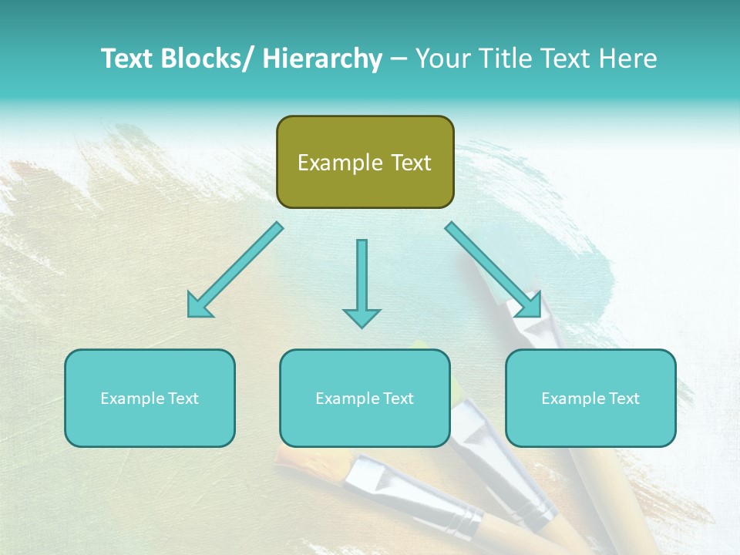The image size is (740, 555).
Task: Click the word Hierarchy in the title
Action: [x=322, y=59]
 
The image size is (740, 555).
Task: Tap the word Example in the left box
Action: [x=132, y=399]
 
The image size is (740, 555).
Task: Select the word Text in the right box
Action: [x=624, y=399]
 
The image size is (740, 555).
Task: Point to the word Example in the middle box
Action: [x=347, y=399]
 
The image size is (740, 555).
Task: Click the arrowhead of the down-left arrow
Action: [x=198, y=305]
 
